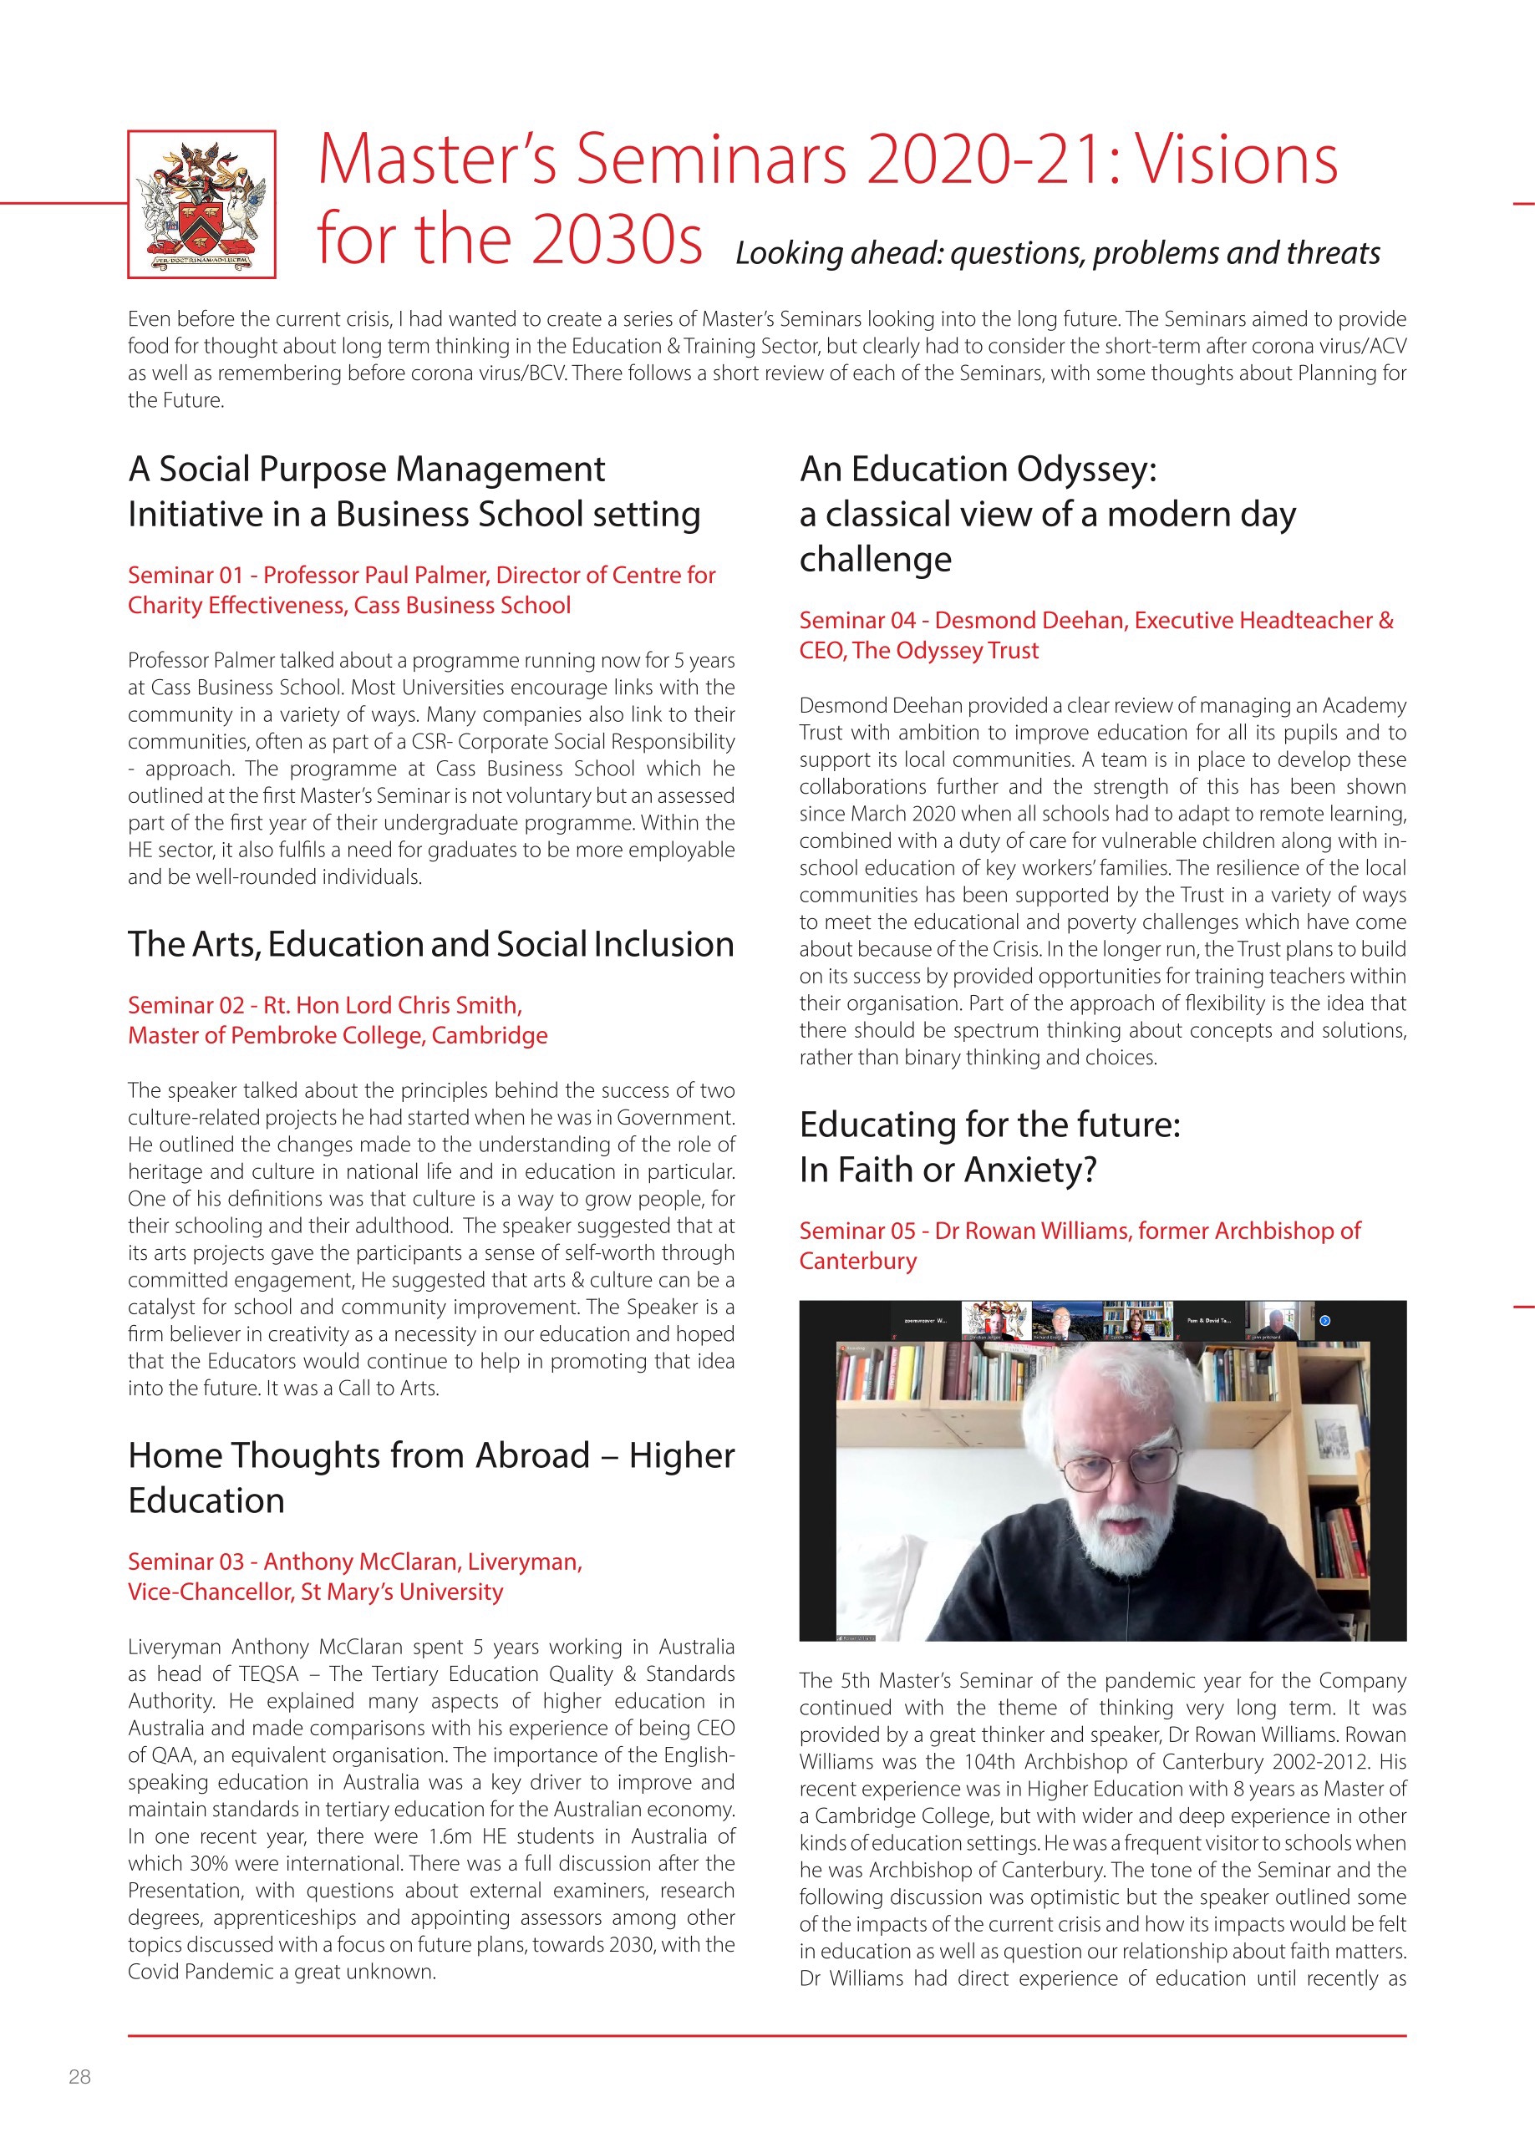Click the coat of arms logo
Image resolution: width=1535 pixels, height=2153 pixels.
tap(201, 204)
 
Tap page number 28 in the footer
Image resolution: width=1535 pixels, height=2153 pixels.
tap(79, 2076)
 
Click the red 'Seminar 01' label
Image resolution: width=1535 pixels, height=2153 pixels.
tap(186, 576)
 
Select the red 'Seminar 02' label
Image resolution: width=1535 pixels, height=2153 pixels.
tap(186, 1006)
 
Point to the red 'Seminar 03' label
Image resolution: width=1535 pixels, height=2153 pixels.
tap(186, 1562)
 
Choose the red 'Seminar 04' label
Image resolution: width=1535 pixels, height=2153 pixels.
tap(857, 621)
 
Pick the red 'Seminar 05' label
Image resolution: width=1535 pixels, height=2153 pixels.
tap(857, 1231)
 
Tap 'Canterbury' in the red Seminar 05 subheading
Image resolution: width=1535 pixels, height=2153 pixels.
tap(857, 1262)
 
